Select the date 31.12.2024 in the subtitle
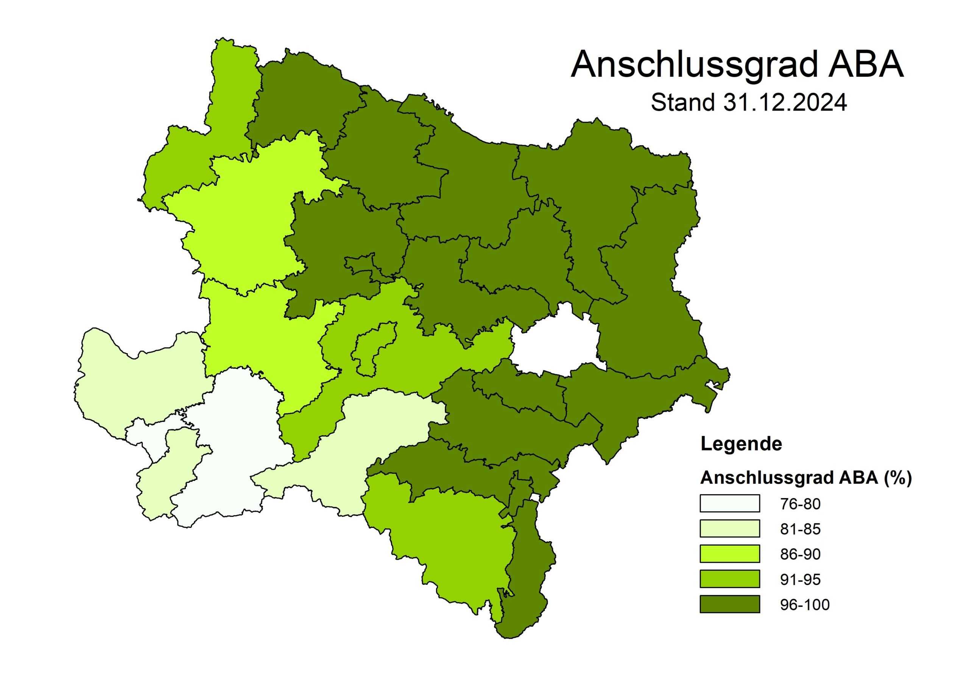coord(785,103)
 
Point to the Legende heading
coord(741,444)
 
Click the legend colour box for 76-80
coord(730,503)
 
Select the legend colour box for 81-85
coord(730,528)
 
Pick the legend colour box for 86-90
coord(730,554)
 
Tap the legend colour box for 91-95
coord(730,579)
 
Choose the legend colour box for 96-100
coord(730,604)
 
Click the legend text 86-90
coord(800,554)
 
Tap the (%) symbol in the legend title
coord(898,478)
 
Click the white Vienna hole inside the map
coord(555,344)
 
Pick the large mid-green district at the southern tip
coord(447,545)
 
